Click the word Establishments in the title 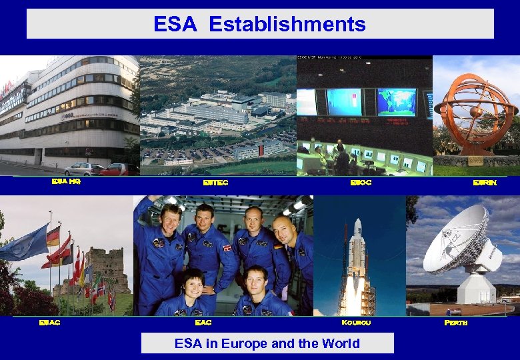tap(287, 25)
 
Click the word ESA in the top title tap(175, 25)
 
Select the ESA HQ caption tap(67, 181)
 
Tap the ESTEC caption tap(215, 182)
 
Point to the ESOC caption tap(361, 182)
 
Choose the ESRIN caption tap(485, 182)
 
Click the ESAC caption tap(49, 322)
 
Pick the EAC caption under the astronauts tap(203, 322)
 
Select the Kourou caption tap(356, 322)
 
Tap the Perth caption tap(456, 322)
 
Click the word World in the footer tap(337, 344)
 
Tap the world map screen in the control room tap(396, 101)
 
